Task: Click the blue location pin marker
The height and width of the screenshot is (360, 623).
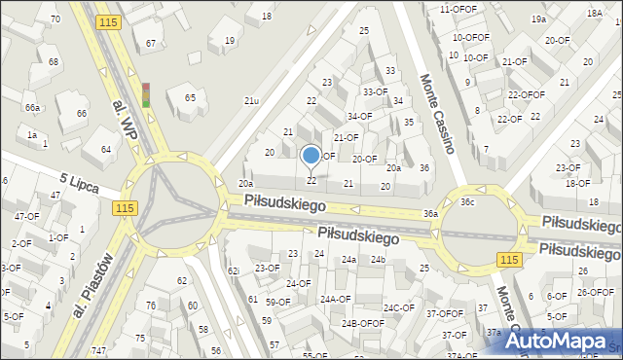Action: (311, 156)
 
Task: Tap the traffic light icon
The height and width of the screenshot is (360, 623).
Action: (146, 94)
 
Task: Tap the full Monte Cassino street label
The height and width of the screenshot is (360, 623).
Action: (437, 114)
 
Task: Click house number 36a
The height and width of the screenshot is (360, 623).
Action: (430, 213)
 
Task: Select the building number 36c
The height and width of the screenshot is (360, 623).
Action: (467, 202)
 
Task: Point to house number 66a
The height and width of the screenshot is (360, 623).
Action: (33, 107)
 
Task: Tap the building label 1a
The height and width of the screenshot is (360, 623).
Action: (32, 135)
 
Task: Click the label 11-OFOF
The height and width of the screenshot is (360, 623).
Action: (458, 9)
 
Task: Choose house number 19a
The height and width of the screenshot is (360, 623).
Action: (538, 19)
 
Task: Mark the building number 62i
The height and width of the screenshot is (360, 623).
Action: (233, 270)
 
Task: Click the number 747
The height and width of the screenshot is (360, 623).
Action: (99, 350)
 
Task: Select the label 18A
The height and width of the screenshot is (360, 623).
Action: (594, 14)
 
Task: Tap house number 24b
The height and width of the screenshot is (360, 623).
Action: (378, 260)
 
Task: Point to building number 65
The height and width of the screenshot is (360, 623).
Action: (191, 98)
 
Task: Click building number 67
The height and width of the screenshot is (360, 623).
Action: (151, 43)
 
